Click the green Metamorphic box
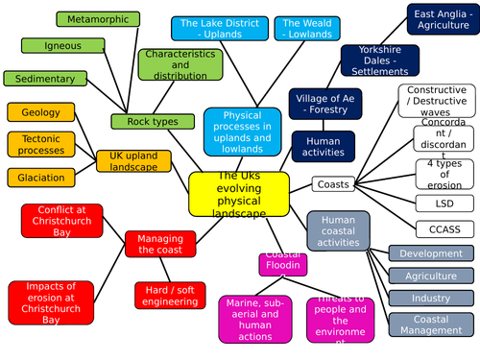pyautogui.click(x=96, y=19)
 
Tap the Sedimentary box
pyautogui.click(x=45, y=79)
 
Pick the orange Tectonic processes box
pyautogui.click(x=40, y=144)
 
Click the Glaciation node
pyautogui.click(x=40, y=178)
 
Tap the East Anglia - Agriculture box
pyautogui.click(x=436, y=21)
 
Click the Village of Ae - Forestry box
pyautogui.click(x=323, y=103)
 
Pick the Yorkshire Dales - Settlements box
pyautogui.click(x=377, y=59)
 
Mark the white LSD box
pyautogui.click(x=444, y=203)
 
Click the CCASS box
pyautogui.click(x=444, y=228)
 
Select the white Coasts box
pyautogui.click(x=333, y=183)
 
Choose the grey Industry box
pyautogui.click(x=431, y=298)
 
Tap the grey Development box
pyautogui.click(x=431, y=253)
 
